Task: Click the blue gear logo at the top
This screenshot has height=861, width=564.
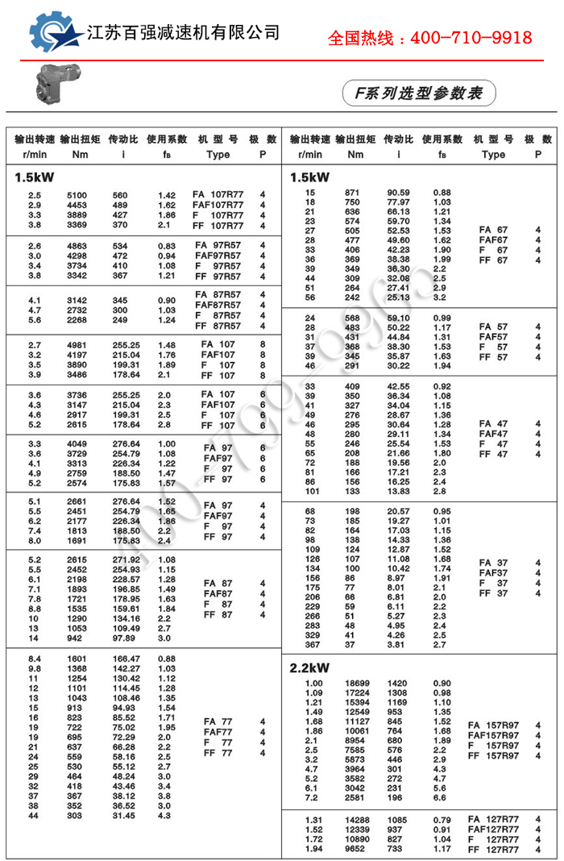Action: click(55, 31)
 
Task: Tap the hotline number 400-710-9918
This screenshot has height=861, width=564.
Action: click(429, 38)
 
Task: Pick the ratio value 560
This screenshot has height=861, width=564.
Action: click(120, 195)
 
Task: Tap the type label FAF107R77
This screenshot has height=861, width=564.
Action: click(218, 205)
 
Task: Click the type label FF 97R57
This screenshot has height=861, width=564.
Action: click(218, 277)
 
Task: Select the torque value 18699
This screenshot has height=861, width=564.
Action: click(357, 684)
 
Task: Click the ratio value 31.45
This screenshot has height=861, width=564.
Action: click(123, 816)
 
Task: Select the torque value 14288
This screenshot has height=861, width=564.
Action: click(357, 820)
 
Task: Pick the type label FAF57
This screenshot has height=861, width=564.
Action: click(493, 337)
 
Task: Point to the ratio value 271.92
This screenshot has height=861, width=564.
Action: click(123, 559)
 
